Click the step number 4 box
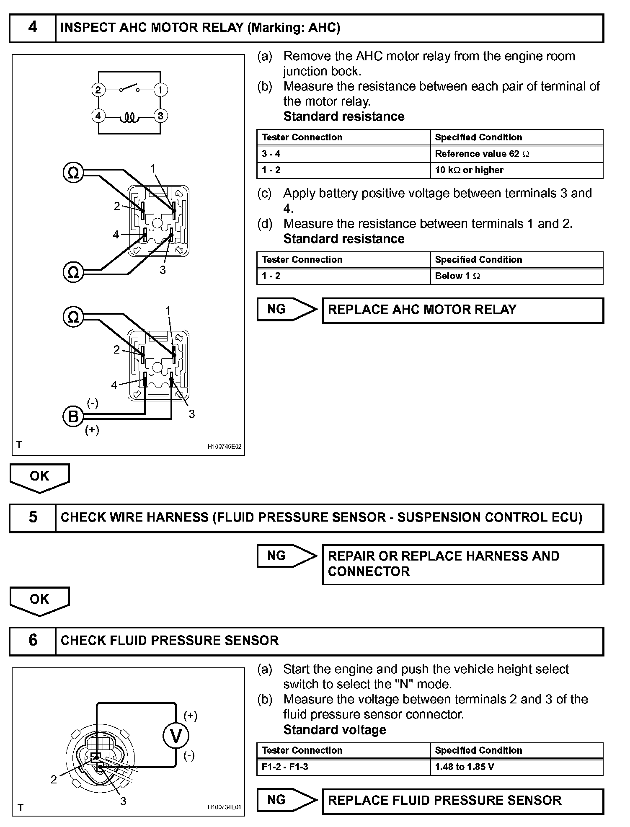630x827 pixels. tap(32, 28)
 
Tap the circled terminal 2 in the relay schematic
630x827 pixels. tap(98, 90)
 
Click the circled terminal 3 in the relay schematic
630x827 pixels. tap(160, 116)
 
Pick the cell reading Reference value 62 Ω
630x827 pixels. tap(516, 154)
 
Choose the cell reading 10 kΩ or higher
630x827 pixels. tap(516, 170)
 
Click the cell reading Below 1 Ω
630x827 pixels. tap(516, 276)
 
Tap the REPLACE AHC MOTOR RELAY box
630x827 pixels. tap(462, 310)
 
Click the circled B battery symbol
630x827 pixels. tap(73, 417)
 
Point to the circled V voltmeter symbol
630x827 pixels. tap(176, 736)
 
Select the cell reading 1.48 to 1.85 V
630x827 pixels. tap(516, 767)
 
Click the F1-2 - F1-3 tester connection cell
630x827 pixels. tap(343, 767)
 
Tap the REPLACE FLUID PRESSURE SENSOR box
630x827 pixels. tap(462, 801)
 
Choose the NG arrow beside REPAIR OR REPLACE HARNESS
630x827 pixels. tap(287, 556)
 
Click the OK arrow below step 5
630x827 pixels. tap(39, 600)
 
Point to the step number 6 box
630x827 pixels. tap(32, 641)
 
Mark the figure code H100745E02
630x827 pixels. tap(225, 447)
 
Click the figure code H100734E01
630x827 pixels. tap(225, 807)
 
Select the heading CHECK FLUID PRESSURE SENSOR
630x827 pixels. tap(170, 641)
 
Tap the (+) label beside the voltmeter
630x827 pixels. tap(191, 716)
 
